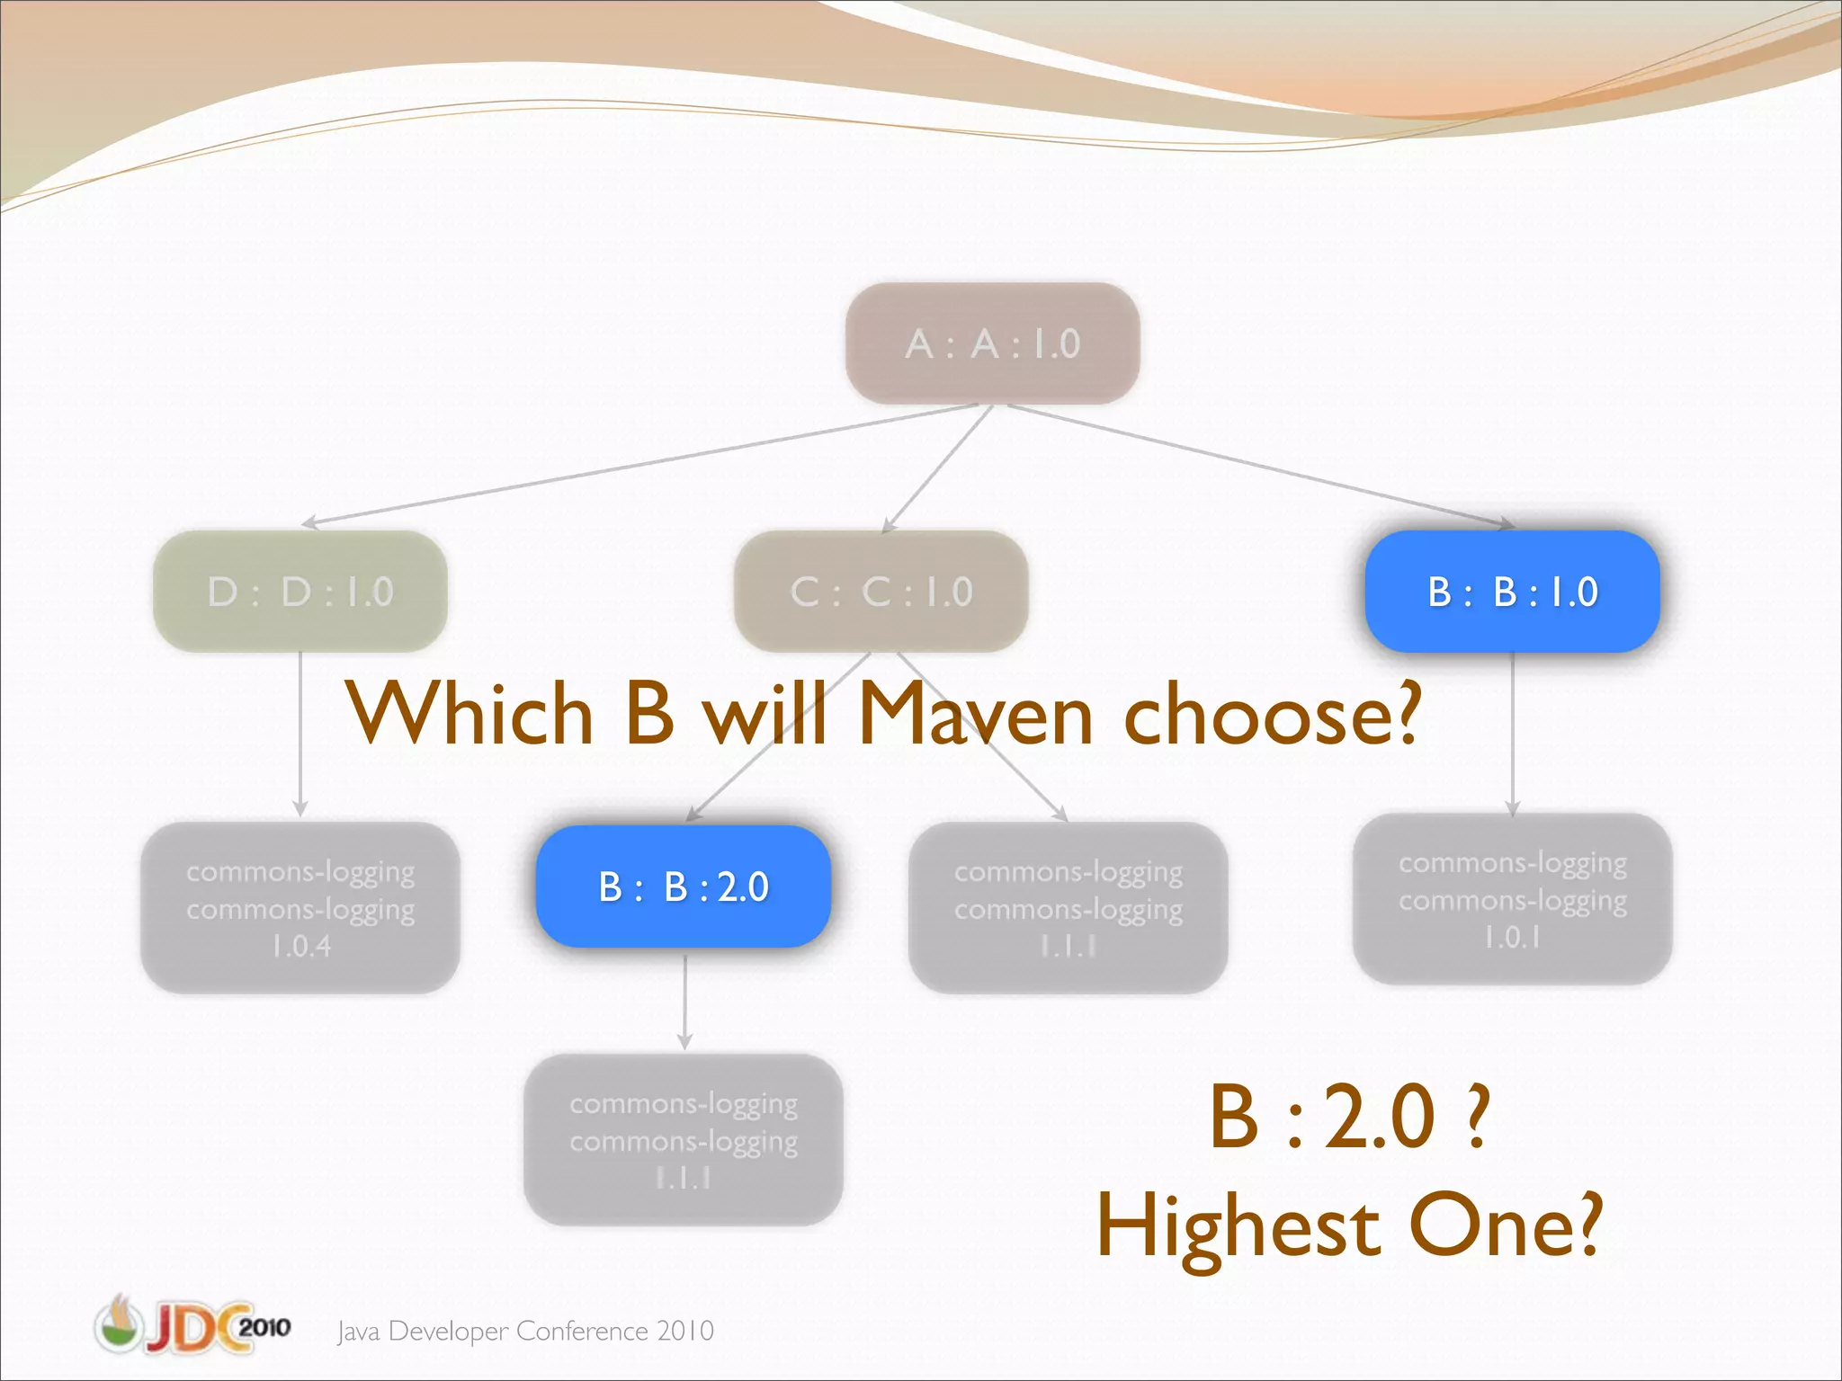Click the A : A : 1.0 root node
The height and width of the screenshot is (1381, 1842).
pos(992,343)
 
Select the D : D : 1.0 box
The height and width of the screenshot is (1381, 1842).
pos(300,591)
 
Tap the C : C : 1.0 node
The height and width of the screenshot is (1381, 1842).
pos(881,591)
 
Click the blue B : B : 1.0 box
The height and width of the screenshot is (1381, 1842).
pos(1512,591)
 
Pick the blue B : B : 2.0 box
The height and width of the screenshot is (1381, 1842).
pos(684,887)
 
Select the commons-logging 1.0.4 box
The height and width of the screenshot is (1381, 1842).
pos(300,907)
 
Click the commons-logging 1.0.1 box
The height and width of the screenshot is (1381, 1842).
pos(1512,898)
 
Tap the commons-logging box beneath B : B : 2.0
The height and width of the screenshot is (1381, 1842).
pos(684,1139)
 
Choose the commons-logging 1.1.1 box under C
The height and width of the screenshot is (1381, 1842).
pos(1068,907)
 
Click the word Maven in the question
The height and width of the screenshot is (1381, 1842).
pos(975,715)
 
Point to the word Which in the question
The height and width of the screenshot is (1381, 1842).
pos(469,715)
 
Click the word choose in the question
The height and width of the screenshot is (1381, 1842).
pos(1272,715)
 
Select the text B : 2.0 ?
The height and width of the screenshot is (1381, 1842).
pos(1349,1117)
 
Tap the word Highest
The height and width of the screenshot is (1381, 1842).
pos(1238,1226)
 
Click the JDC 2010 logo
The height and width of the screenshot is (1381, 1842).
pos(192,1325)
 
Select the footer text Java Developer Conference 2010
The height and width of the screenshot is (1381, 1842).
pos(525,1331)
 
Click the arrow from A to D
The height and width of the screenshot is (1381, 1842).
pos(630,466)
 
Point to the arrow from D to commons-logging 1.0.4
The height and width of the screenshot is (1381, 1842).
pos(300,733)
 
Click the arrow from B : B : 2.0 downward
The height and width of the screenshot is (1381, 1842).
pos(684,1000)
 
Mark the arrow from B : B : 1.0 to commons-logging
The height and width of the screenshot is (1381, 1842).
pos(1512,733)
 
